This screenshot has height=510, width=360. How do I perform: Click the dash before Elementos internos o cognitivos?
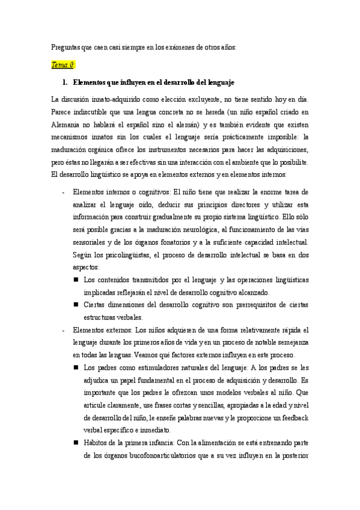coord(64,192)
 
